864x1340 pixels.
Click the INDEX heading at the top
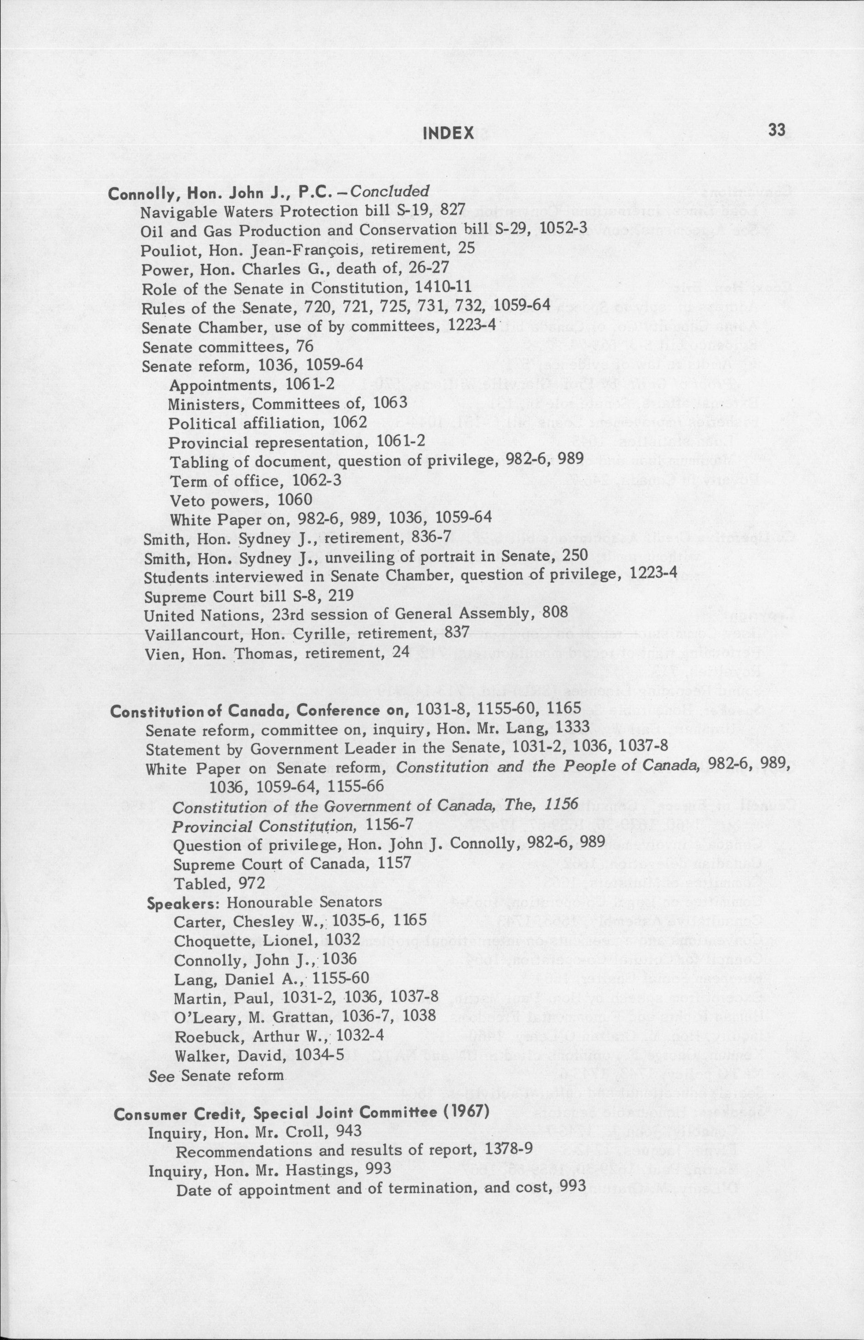448,133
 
